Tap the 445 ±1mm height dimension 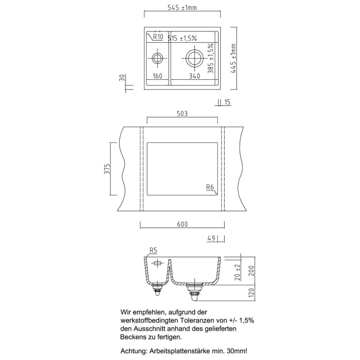pyautogui.click(x=233, y=58)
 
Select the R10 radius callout pyautogui.click(x=157, y=37)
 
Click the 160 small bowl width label pyautogui.click(x=157, y=76)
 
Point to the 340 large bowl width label pyautogui.click(x=194, y=76)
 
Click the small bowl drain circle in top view pyautogui.click(x=157, y=57)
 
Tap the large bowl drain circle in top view pyautogui.click(x=194, y=57)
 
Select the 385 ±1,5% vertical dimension pyautogui.click(x=210, y=58)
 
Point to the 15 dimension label pyautogui.click(x=227, y=102)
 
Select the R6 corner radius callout pyautogui.click(x=210, y=187)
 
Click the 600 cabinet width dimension pyautogui.click(x=182, y=224)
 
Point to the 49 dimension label pyautogui.click(x=210, y=239)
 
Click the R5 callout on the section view pyautogui.click(x=153, y=250)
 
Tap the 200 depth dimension pyautogui.click(x=251, y=271)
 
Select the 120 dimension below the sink pyautogui.click(x=251, y=293)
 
